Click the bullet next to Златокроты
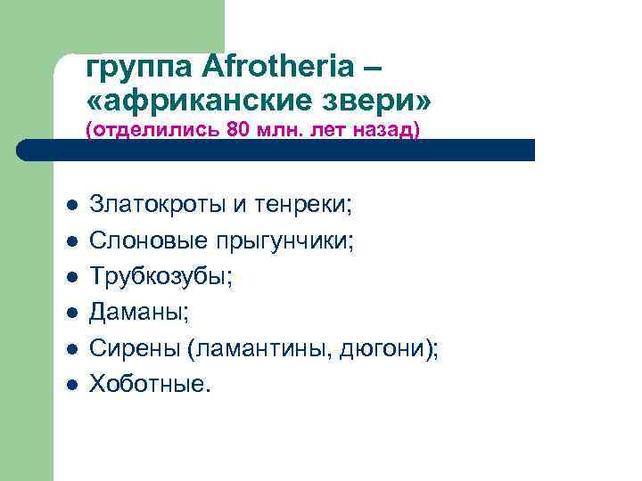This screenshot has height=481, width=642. coord(71,207)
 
